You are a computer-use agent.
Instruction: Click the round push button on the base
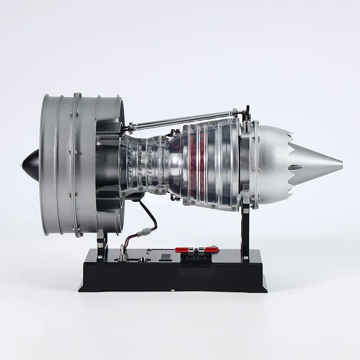point(143,260)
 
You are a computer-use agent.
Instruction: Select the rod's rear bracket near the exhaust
point(246,110)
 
